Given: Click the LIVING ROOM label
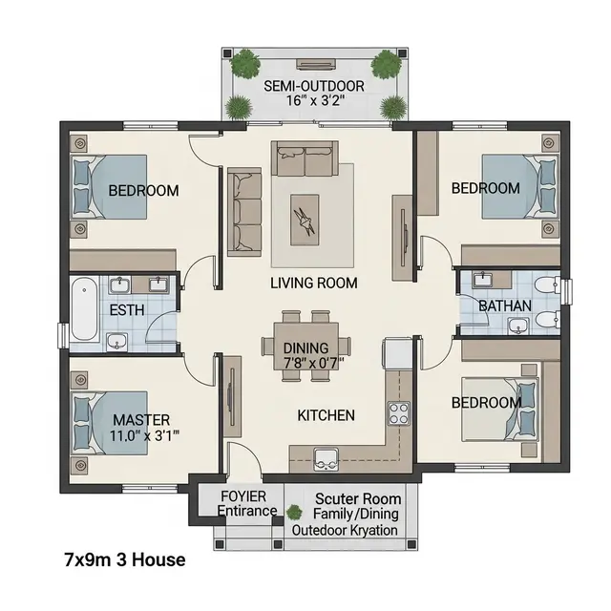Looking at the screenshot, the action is (314, 283).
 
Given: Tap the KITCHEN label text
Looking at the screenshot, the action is (327, 415).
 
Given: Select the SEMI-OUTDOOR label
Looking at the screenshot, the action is (314, 86).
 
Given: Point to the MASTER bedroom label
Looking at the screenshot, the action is (141, 420).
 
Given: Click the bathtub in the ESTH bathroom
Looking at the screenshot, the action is (84, 308).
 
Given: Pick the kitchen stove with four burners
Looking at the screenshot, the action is (399, 413).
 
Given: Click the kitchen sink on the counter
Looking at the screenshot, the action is (327, 459).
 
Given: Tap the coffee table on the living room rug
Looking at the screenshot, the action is (305, 221).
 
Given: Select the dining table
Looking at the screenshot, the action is (305, 346).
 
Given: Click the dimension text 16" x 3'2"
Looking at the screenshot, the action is (316, 100).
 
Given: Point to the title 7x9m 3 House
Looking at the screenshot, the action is (125, 560).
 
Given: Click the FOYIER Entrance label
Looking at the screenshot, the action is (246, 503).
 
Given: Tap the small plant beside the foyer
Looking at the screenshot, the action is (294, 512).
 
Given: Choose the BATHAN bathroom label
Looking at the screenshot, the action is (505, 305).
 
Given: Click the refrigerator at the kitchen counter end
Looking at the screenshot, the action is (397, 353).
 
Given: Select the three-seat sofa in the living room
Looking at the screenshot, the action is (244, 212).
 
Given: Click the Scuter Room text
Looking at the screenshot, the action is (358, 498).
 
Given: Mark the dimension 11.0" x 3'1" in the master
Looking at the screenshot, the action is (144, 435).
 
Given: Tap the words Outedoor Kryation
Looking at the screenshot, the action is (345, 531).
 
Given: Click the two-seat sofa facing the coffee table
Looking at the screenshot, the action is (305, 159).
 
